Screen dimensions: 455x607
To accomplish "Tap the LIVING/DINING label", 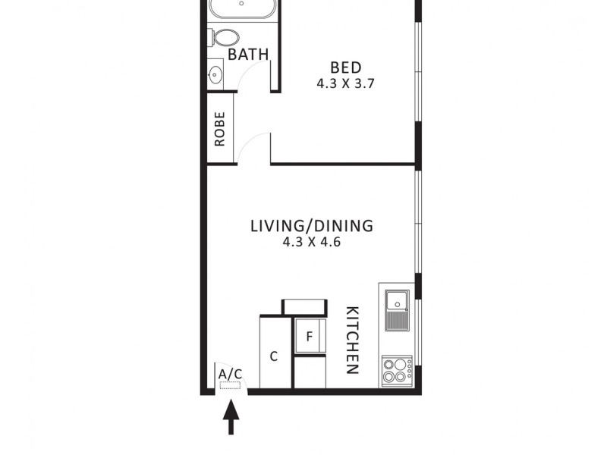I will point(312,225).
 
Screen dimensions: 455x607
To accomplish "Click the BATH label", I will point(248,55).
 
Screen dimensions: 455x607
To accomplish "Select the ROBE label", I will point(220,129).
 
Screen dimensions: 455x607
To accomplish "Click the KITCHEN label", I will point(352,340).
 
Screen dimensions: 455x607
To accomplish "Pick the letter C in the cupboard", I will point(274,356).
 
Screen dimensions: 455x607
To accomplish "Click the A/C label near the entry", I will point(230,374).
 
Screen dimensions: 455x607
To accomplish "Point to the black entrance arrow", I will point(231,418).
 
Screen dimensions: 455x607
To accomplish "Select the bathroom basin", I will point(215,74).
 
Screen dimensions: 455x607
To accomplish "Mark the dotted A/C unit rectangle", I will point(230,385).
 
